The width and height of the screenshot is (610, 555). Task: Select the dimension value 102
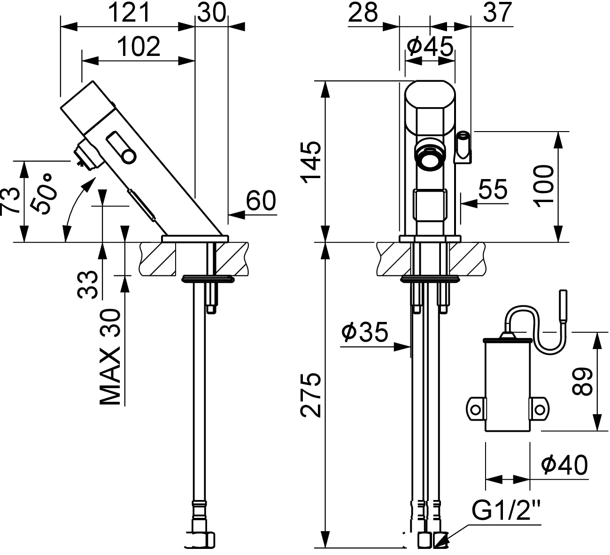[x=139, y=47]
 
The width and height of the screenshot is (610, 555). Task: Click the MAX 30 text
[x=111, y=357]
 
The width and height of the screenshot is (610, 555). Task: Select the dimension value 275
[x=310, y=395]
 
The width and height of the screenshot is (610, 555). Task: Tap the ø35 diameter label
[x=365, y=332]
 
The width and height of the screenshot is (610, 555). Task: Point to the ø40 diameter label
[x=564, y=465]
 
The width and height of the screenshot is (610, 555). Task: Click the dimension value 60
[x=261, y=201]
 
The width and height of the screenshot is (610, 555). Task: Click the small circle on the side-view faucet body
[x=128, y=156]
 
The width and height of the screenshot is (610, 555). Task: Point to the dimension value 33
[x=88, y=284]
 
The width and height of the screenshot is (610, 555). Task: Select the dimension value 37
[x=497, y=13]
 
